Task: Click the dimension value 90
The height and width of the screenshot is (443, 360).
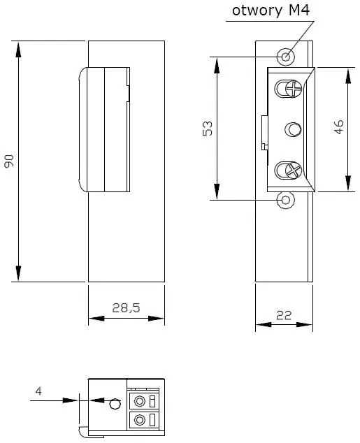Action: click(9, 161)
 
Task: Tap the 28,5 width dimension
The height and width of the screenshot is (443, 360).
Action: click(126, 307)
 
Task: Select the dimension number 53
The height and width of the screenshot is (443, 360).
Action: click(208, 129)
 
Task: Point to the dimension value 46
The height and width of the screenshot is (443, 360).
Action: click(338, 127)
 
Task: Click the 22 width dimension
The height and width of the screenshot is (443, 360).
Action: click(284, 315)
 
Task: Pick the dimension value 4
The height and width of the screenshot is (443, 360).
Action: click(38, 391)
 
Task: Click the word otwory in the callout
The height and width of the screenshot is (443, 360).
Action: click(257, 11)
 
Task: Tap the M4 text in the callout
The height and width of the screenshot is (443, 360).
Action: click(299, 10)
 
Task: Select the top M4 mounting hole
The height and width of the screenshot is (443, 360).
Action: click(286, 57)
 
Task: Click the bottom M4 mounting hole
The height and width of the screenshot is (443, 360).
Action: click(286, 200)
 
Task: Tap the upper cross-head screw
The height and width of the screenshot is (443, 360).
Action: click(294, 89)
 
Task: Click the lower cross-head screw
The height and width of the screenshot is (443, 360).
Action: click(294, 170)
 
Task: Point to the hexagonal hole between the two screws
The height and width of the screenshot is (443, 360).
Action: click(293, 130)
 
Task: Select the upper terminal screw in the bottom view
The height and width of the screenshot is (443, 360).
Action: click(139, 401)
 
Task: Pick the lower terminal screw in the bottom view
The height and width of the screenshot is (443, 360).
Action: click(139, 419)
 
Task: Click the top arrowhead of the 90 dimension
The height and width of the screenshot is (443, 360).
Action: click(18, 50)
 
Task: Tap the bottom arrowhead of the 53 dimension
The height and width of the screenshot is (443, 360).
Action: click(217, 191)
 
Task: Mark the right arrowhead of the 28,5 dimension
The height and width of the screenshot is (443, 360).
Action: click(157, 319)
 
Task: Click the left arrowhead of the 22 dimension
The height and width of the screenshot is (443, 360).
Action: click(264, 324)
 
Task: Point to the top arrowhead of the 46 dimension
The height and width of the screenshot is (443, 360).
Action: click(348, 76)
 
